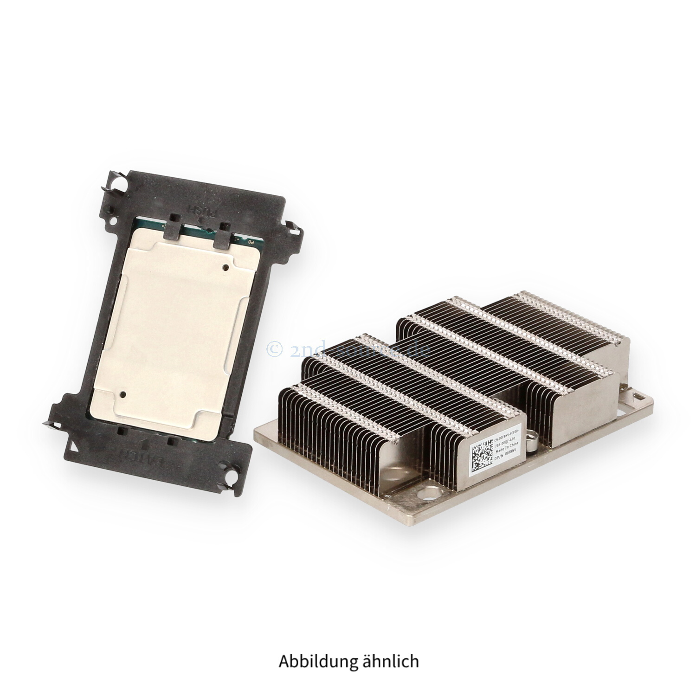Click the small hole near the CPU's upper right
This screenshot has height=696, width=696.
point(226,267)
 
